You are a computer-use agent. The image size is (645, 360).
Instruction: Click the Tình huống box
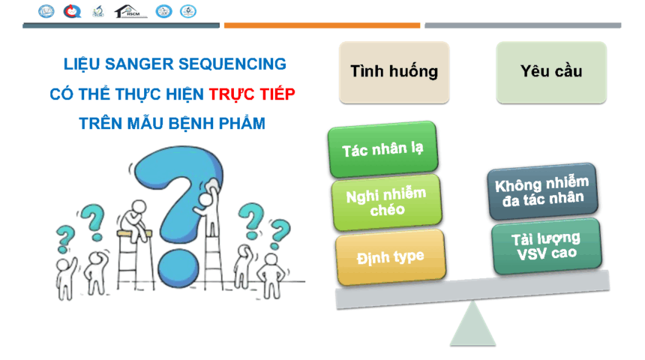click(394, 72)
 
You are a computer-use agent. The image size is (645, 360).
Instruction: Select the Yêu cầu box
click(551, 72)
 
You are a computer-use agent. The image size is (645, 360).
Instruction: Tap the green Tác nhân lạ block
click(383, 149)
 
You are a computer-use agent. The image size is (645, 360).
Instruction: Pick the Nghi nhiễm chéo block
click(387, 202)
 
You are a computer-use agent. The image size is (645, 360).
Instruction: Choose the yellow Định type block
click(390, 257)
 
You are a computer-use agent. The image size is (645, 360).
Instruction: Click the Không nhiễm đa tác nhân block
click(542, 191)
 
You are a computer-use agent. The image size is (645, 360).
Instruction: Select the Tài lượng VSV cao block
click(546, 246)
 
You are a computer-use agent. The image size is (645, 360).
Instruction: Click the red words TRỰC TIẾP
click(252, 94)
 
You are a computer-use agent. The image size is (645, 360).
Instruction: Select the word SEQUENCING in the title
click(232, 64)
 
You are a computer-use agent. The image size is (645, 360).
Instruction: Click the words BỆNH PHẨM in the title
click(217, 124)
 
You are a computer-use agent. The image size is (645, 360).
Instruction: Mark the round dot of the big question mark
click(178, 268)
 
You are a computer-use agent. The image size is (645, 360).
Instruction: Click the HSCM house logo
click(130, 11)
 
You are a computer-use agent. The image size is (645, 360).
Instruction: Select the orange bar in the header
click(322, 25)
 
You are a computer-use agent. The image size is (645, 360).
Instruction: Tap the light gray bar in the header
click(523, 25)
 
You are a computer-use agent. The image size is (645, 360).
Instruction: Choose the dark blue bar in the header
click(121, 25)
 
